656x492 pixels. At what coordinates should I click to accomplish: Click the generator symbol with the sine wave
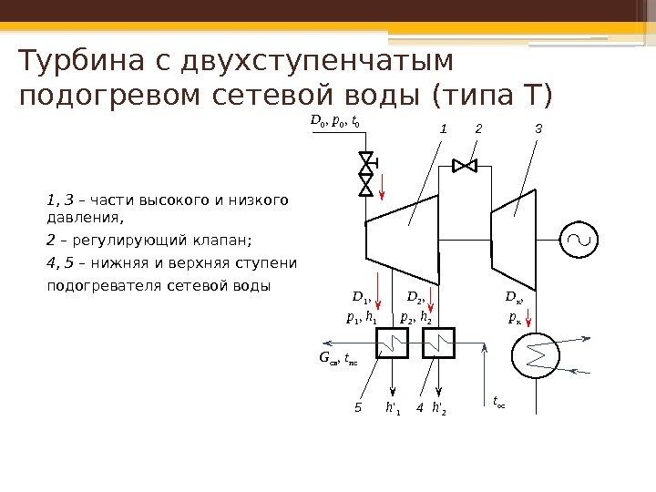tap(579, 239)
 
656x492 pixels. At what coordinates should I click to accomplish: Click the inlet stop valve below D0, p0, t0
tap(366, 174)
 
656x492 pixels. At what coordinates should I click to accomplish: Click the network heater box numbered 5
tap(394, 343)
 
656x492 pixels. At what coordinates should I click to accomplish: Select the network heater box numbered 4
tap(439, 343)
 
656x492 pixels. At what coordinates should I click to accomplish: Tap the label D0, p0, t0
tap(336, 120)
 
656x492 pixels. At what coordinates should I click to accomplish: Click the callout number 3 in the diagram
tap(538, 129)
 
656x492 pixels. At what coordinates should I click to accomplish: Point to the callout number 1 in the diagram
tap(444, 129)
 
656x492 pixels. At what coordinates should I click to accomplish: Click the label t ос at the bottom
tap(500, 400)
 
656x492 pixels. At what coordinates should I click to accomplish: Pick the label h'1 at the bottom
tap(394, 407)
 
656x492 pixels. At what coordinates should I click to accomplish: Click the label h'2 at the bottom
tap(439, 407)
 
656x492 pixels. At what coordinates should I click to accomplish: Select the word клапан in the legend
tap(218, 241)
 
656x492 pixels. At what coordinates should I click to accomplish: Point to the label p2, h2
tap(415, 317)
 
